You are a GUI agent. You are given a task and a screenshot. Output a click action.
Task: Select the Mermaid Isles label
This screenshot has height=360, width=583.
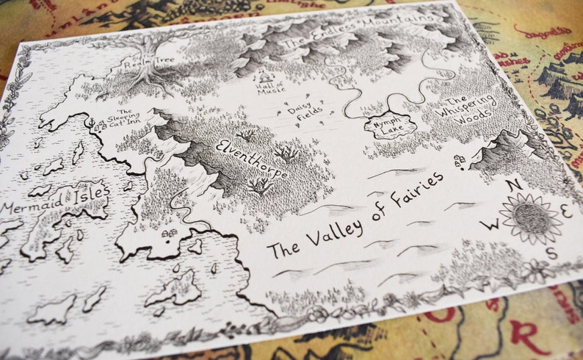pos(55,201)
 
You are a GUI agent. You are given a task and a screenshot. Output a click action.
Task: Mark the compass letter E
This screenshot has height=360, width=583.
pos(565,209)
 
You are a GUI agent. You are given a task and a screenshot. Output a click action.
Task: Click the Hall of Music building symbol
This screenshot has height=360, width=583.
pos(264,76)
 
